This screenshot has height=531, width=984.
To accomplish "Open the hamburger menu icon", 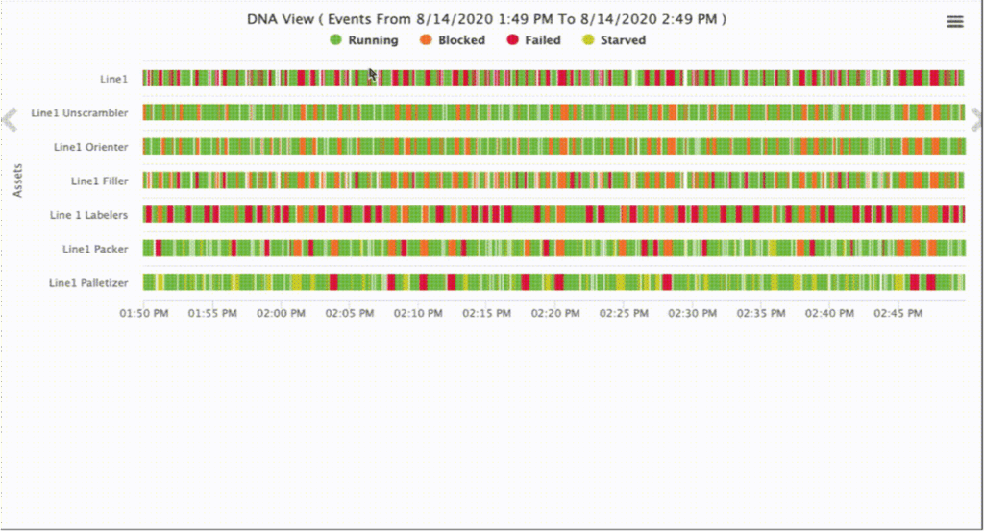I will pyautogui.click(x=955, y=21).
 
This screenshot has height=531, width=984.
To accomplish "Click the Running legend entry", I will pyautogui.click(x=364, y=40).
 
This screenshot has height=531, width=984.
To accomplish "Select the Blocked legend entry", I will pyautogui.click(x=453, y=40).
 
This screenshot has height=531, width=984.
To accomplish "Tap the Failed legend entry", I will pyautogui.click(x=534, y=40).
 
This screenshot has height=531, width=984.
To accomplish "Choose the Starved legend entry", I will pyautogui.click(x=614, y=40).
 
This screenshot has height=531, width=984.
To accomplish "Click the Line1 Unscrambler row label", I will pyautogui.click(x=79, y=113).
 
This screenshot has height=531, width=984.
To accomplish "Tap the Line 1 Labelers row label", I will pyautogui.click(x=88, y=215).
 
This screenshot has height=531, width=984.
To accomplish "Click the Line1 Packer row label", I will pyautogui.click(x=95, y=249).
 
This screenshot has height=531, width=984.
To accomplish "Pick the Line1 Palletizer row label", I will pyautogui.click(x=87, y=283).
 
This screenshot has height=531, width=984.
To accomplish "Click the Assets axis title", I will pyautogui.click(x=17, y=180).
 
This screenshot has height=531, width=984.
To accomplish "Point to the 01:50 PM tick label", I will pyautogui.click(x=143, y=314).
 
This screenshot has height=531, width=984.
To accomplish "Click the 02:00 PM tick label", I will pyautogui.click(x=281, y=314).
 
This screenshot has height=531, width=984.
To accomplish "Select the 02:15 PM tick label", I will pyautogui.click(x=486, y=314).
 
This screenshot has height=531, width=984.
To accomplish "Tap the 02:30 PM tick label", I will pyautogui.click(x=692, y=314).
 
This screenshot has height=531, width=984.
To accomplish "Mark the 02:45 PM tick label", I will pyautogui.click(x=898, y=314).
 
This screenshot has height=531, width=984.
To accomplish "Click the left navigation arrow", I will pyautogui.click(x=10, y=119).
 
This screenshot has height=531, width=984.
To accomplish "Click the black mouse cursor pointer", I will pyautogui.click(x=373, y=75).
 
